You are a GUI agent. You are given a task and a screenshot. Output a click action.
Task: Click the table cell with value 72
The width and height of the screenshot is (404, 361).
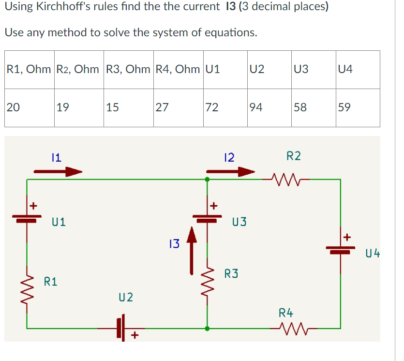[x=225, y=107]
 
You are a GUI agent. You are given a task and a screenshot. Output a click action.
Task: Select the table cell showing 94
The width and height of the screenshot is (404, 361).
[x=269, y=107]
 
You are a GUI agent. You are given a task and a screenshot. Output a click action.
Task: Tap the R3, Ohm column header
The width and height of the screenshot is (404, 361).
[x=128, y=69]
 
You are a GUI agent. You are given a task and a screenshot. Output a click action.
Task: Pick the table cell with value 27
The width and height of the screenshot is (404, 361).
[x=178, y=107]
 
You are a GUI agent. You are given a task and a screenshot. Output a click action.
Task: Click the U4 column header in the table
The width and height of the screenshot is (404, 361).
[x=358, y=69]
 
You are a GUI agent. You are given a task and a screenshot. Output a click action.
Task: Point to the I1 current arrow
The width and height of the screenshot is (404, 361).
[x=58, y=171]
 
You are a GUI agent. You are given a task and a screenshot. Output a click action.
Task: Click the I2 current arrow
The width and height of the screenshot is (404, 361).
[x=230, y=171]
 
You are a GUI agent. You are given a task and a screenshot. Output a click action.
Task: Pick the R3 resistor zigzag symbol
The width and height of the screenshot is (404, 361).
[x=208, y=283]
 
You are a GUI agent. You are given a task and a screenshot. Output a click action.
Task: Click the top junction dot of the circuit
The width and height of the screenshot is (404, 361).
[x=208, y=179]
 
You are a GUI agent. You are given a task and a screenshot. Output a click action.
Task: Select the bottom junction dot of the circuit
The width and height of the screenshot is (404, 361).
[x=208, y=329]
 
